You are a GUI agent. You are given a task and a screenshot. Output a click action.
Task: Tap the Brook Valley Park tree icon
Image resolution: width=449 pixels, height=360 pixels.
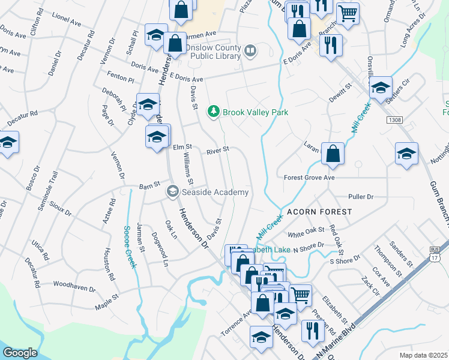point(212,112)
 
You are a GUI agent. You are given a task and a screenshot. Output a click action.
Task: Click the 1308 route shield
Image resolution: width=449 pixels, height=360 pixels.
point(394,120)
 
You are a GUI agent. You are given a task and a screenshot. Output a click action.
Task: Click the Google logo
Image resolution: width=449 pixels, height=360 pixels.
point(20,353)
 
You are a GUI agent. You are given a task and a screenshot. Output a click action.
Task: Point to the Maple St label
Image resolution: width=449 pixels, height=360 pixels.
point(107,306)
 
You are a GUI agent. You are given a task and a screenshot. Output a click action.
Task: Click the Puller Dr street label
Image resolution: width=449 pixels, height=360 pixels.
point(361,197)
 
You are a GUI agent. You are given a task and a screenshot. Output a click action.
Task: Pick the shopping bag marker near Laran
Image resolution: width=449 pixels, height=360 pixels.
point(333,154)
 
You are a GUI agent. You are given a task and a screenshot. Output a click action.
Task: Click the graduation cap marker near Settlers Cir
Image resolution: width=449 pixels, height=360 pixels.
point(380,88)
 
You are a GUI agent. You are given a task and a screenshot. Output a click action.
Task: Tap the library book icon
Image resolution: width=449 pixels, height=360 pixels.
point(251,52)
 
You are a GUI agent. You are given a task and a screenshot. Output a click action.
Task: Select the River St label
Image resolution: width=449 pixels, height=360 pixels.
point(218,151)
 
